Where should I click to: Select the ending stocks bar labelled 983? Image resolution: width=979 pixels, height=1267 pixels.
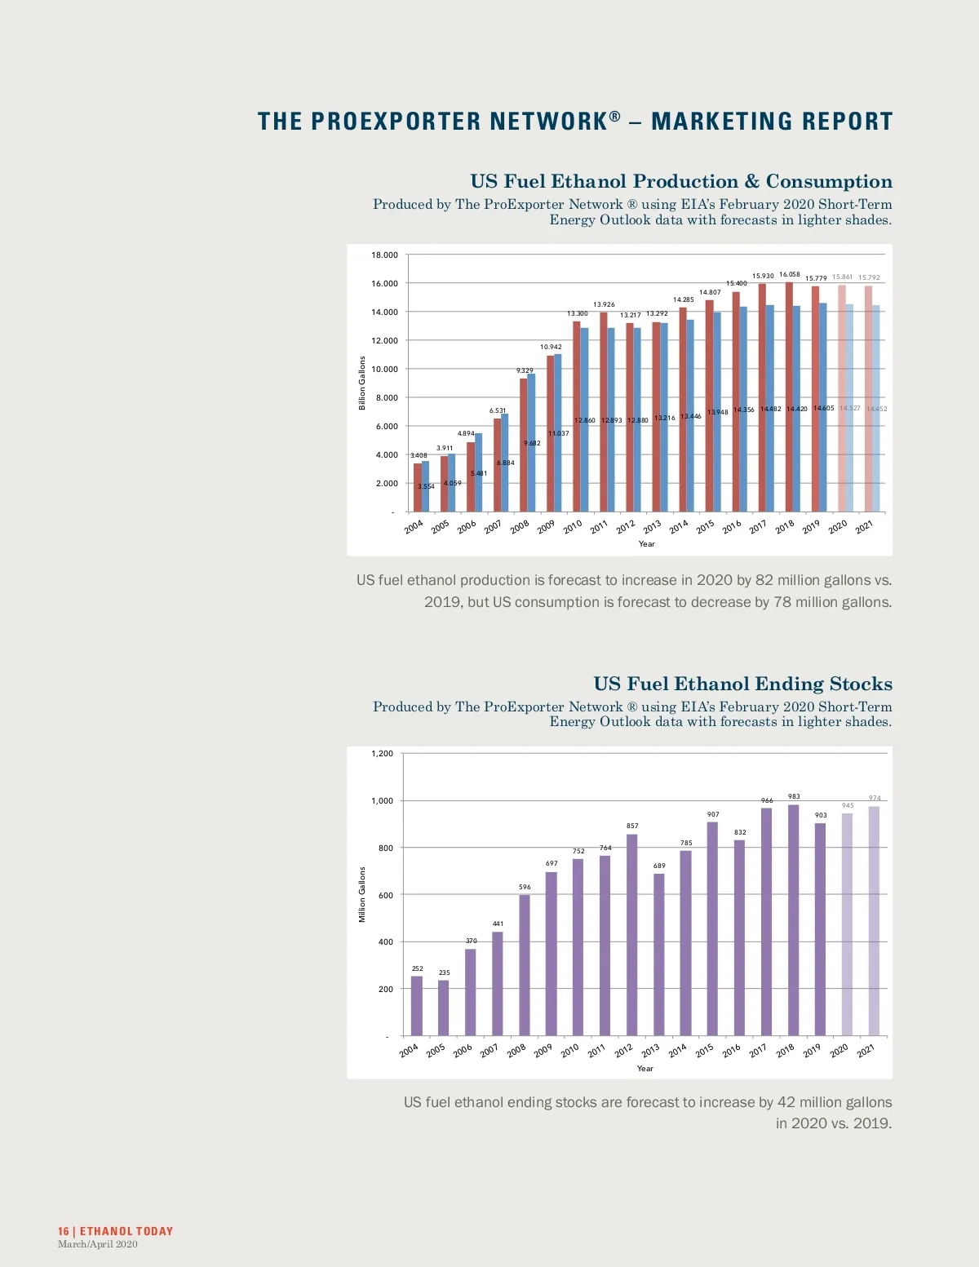click(x=793, y=919)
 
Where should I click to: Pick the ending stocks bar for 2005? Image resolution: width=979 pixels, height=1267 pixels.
click(x=443, y=1008)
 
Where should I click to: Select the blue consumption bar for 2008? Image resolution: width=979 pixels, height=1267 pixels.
click(x=531, y=443)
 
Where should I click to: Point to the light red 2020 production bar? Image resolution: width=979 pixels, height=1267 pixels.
click(x=841, y=398)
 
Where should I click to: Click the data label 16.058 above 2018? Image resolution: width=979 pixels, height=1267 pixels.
click(x=789, y=275)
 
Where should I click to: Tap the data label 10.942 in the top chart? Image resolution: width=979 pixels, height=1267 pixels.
click(x=551, y=347)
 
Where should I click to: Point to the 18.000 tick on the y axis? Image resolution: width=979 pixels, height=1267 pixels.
click(x=384, y=255)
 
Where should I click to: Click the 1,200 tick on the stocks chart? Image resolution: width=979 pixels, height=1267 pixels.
click(x=382, y=754)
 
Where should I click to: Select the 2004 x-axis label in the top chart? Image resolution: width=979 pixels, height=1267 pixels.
click(x=414, y=527)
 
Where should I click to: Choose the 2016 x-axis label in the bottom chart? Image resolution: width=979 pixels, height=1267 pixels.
click(x=731, y=1051)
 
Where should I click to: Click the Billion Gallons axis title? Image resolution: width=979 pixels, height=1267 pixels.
click(x=362, y=383)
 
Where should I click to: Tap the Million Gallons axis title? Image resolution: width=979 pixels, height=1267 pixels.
click(x=362, y=895)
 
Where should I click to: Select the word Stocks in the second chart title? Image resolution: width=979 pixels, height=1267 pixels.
click(x=861, y=684)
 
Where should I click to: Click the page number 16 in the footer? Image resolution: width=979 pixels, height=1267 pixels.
click(x=63, y=1231)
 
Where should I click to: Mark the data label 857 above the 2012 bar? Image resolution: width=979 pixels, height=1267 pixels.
click(x=632, y=826)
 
